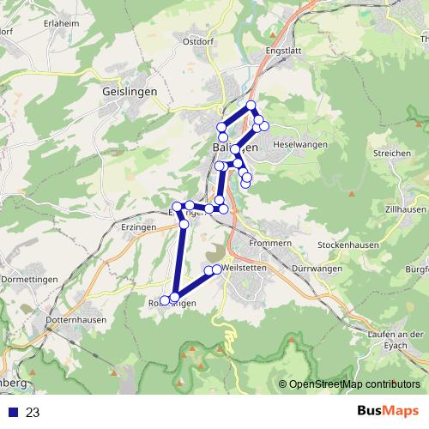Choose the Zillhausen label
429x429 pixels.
405,208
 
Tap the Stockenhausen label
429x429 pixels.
347,244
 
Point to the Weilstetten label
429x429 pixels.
244,269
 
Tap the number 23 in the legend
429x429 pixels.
33,413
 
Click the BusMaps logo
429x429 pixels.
383,412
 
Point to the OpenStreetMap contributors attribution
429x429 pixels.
353,384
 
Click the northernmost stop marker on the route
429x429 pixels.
251,106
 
